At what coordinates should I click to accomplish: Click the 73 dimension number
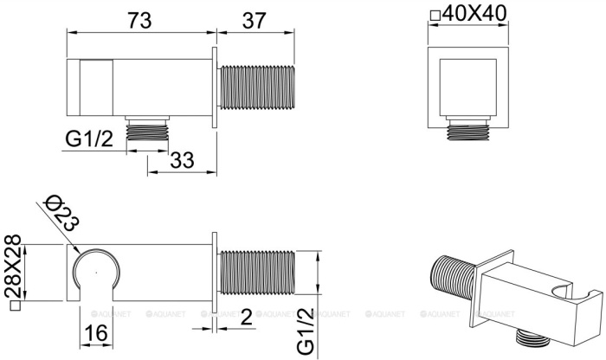[139, 20]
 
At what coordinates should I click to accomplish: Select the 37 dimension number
[255, 20]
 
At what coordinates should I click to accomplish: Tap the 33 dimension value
[182, 159]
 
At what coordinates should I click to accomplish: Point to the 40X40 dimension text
[474, 14]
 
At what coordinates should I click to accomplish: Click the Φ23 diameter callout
[61, 213]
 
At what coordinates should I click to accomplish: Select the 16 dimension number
[95, 333]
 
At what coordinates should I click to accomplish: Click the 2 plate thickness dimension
[246, 317]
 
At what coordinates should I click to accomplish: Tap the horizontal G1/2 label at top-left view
[89, 138]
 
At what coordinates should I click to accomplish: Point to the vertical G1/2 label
[306, 331]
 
